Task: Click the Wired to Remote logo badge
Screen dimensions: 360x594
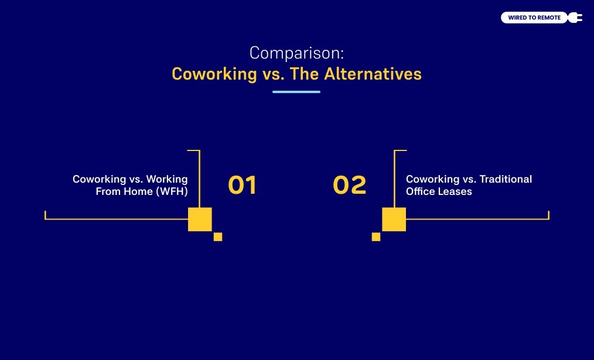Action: point(534,18)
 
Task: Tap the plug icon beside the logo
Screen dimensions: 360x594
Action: point(575,18)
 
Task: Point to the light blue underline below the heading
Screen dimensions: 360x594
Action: point(296,92)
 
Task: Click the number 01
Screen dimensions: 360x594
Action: point(242,185)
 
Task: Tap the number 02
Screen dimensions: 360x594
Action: point(349,185)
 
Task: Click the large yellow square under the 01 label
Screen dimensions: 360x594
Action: point(200,219)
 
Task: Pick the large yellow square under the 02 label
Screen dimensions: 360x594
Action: point(394,219)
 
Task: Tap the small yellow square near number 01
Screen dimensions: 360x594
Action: point(218,237)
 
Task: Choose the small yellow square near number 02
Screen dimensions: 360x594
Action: point(376,237)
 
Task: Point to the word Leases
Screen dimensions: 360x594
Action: point(456,191)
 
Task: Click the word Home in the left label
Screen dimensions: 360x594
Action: point(137,191)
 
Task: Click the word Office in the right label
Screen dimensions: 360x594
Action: point(421,191)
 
